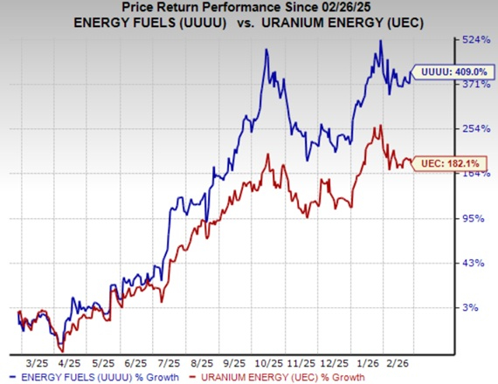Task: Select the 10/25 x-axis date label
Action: coord(265,360)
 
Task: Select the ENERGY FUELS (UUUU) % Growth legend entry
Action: coord(99,377)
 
